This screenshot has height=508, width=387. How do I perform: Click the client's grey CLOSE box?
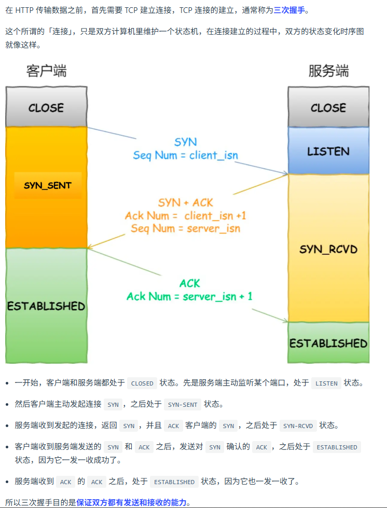[46, 107]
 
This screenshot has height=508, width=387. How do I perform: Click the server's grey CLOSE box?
[328, 107]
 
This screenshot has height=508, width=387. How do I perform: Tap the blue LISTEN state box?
[328, 152]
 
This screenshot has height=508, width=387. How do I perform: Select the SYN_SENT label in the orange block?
[48, 185]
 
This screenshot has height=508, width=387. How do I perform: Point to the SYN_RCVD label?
[328, 250]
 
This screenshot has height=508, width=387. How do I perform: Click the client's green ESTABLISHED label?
[46, 306]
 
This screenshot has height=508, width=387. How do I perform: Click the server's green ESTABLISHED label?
[328, 343]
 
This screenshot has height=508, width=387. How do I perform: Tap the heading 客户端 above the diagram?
[46, 71]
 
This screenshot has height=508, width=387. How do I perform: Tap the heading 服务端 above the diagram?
[328, 71]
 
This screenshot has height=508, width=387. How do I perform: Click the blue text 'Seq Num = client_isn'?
[185, 155]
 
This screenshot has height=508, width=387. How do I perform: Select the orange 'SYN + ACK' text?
[185, 202]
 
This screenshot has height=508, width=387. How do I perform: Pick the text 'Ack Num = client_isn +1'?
[185, 215]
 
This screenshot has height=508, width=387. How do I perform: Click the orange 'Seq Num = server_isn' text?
[185, 228]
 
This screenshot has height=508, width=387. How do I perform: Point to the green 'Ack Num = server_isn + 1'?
[189, 296]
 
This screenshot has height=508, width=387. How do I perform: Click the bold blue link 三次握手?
[291, 10]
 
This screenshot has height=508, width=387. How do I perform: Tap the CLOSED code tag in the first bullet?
[142, 383]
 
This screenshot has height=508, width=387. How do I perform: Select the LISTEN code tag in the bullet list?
[326, 383]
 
